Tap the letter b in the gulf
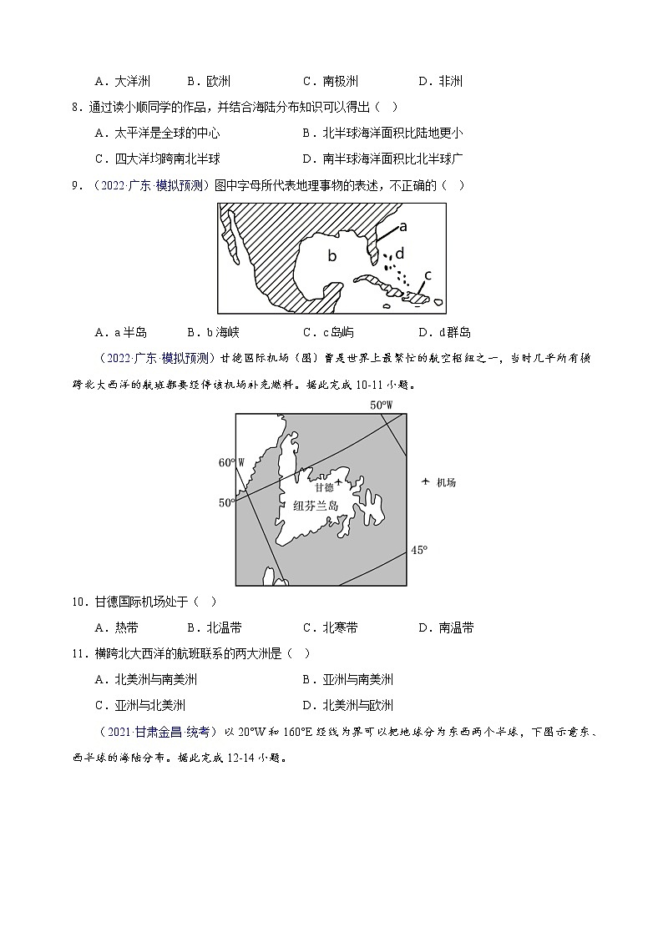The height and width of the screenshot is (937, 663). pos(331,256)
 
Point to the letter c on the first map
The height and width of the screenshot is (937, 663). pos(428,275)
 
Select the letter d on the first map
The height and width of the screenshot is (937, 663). pos(400,252)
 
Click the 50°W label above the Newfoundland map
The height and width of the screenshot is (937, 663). pos(381,406)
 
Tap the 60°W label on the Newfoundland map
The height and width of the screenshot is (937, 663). pos(230,462)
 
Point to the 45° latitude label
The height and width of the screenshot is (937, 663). pos(418,549)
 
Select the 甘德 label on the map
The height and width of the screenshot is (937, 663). pos(324,486)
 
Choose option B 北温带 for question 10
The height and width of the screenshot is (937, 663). pos(215,628)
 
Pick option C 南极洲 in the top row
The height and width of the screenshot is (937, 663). pos(331,81)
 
